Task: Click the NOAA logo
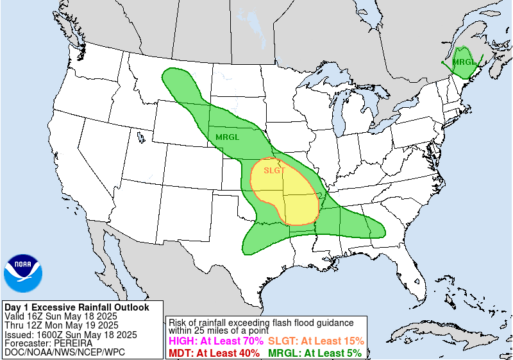coord(23,273)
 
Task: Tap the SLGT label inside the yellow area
coord(274,170)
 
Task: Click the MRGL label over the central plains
coord(227,137)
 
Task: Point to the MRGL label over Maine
coord(464,62)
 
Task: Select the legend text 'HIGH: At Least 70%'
coord(215,341)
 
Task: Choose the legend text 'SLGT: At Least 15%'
coord(315,341)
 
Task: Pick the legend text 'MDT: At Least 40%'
coord(214,352)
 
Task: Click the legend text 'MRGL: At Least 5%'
coord(314,352)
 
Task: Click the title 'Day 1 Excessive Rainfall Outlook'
coord(76,307)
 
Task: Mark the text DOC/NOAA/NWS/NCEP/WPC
coord(63,352)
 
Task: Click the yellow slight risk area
coord(289,196)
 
